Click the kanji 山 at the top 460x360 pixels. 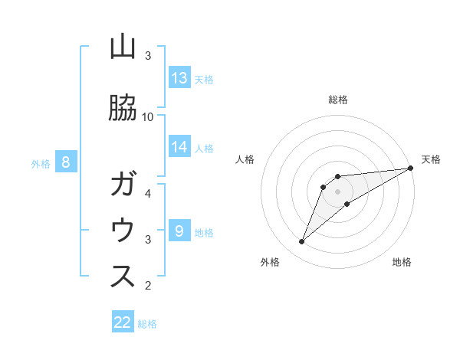tap(123, 47)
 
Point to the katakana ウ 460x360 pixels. tap(123, 231)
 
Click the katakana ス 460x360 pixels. tap(123, 277)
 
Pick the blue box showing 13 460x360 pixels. tap(179, 78)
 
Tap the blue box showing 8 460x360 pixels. tap(66, 162)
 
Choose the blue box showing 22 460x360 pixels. tap(123, 322)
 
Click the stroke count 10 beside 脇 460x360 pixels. tap(148, 116)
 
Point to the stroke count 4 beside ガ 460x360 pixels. tap(148, 193)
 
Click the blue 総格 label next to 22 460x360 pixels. tap(148, 324)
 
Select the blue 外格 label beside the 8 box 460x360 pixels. tap(41, 163)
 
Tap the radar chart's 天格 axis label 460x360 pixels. tap(431, 159)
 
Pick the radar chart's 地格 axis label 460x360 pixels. tap(402, 262)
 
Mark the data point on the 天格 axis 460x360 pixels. tap(411, 168)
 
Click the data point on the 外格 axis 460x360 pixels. tap(301, 242)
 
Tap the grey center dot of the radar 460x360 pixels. tap(337, 191)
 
